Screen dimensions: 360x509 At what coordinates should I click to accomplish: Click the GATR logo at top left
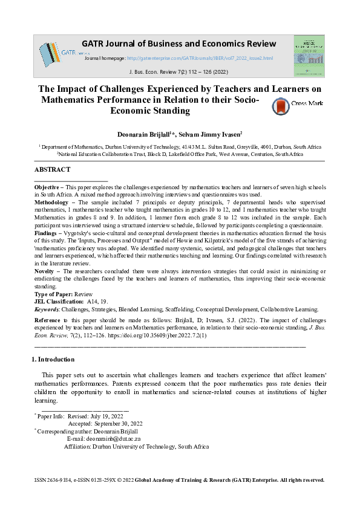[x=56, y=54]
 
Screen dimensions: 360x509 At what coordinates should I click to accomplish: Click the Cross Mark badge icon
[x=281, y=106]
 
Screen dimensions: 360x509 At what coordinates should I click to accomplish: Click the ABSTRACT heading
[x=53, y=170]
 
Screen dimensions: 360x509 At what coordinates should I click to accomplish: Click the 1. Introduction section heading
[x=53, y=360]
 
